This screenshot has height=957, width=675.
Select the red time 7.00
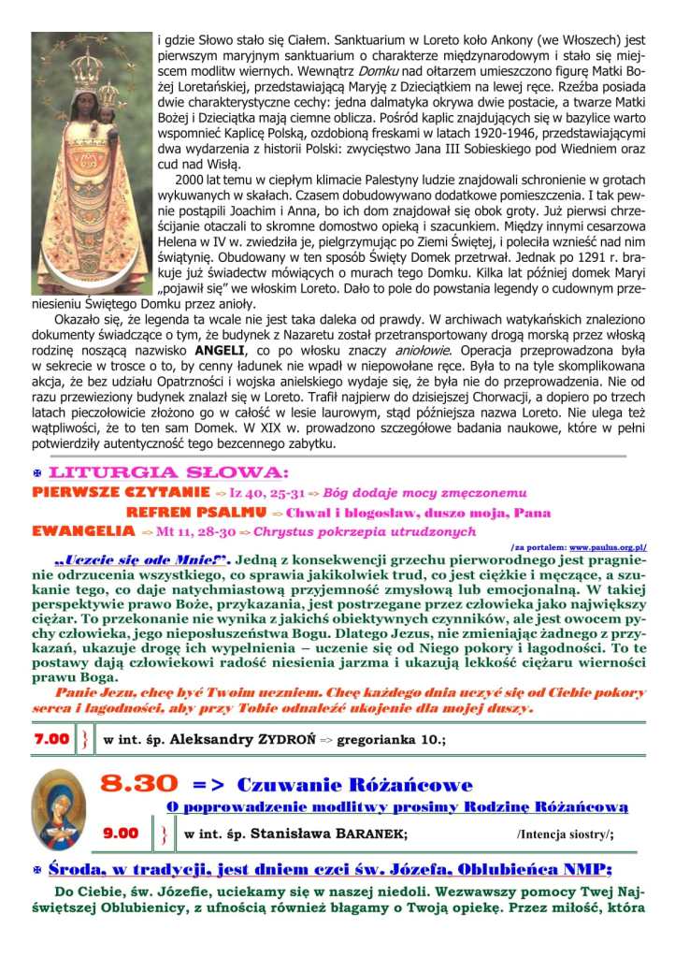[51, 739]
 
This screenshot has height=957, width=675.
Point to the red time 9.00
[121, 833]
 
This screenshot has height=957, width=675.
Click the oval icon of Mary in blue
[57, 809]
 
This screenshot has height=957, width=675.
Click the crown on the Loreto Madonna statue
[87, 69]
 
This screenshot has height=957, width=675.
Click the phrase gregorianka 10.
[390, 740]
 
